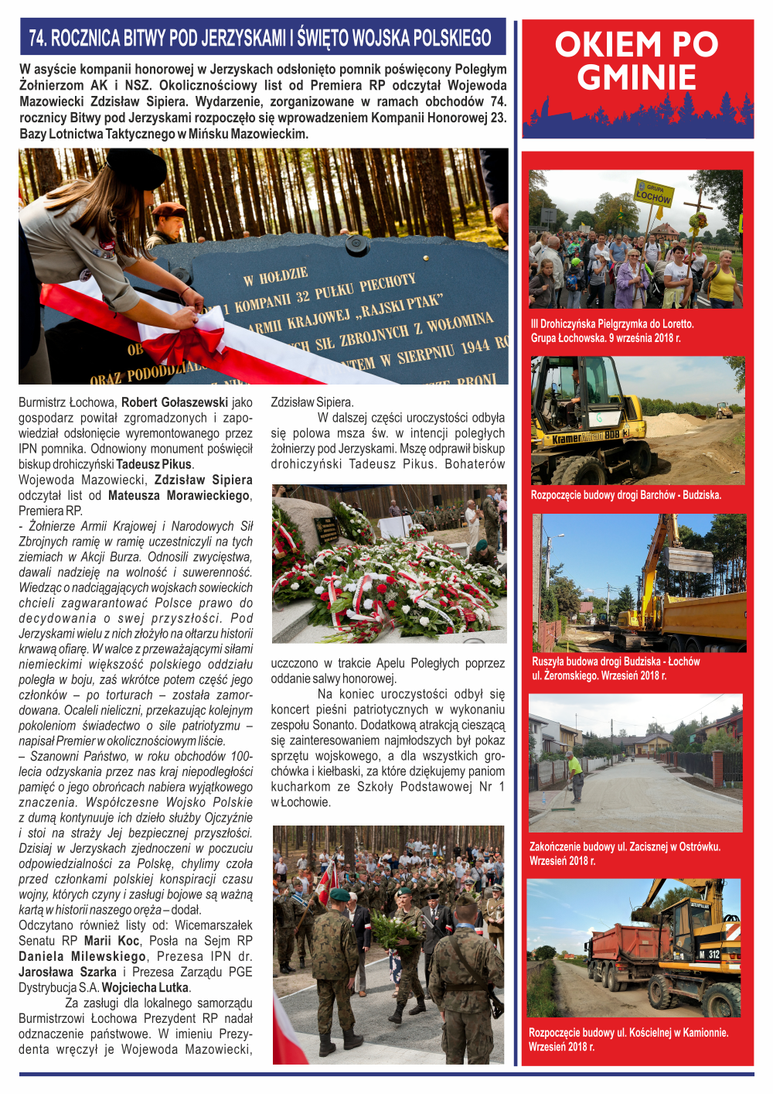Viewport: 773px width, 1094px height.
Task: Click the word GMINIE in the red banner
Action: [x=636, y=78]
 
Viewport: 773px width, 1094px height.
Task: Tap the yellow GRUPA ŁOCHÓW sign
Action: [x=653, y=193]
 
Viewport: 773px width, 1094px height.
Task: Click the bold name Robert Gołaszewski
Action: [x=175, y=402]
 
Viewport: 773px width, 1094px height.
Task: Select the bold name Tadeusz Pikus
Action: [x=154, y=464]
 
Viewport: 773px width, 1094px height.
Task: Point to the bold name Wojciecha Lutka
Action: [x=145, y=987]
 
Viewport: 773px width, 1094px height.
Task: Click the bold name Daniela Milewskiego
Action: [x=81, y=956]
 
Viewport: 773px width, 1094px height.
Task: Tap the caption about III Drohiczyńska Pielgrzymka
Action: [x=612, y=331]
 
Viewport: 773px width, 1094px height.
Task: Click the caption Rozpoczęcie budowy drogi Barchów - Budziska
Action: [x=625, y=495]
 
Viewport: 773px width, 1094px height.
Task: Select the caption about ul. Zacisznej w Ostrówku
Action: [x=625, y=853]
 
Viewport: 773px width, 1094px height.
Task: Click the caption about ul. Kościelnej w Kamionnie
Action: [x=628, y=1039]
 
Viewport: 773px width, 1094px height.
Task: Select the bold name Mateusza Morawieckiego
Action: [x=179, y=495]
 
